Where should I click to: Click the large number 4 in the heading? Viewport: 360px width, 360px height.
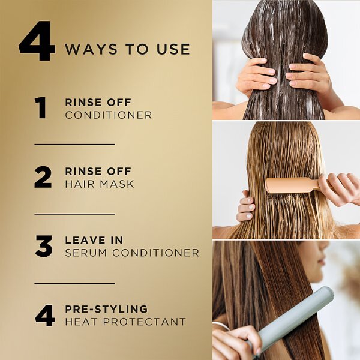pos(37,41)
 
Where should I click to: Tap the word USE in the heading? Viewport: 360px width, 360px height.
pos(173,49)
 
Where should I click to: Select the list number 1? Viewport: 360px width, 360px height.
pos(41,108)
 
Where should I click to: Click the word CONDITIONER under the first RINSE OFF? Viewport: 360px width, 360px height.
pos(109,115)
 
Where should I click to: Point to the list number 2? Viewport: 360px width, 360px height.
pos(43,177)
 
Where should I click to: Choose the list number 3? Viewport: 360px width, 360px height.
pos(44,246)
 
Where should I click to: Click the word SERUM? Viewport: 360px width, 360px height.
pos(86,253)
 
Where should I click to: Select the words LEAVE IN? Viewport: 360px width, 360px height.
pos(94,240)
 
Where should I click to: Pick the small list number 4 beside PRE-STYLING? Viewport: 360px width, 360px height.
pos(45,315)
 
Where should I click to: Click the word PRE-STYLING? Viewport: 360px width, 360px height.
pos(106,309)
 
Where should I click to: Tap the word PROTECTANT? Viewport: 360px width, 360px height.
pos(144,322)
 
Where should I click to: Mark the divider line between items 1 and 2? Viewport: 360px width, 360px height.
pos(75,145)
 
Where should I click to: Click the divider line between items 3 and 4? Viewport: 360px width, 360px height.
pos(75,284)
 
